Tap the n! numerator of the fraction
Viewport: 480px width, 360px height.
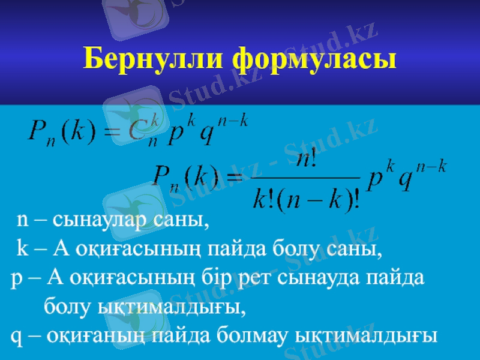point(307,159)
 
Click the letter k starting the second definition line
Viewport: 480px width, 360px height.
point(21,247)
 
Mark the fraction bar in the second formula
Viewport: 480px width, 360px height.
point(306,178)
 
